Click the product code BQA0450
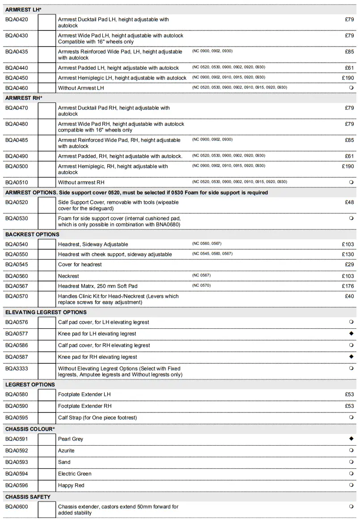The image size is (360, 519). (x=17, y=78)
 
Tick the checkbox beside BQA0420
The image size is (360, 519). (x=47, y=22)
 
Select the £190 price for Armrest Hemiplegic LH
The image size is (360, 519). (x=348, y=78)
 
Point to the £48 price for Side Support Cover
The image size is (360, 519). (x=349, y=202)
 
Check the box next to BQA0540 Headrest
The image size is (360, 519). (x=47, y=244)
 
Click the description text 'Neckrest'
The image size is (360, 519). (x=68, y=276)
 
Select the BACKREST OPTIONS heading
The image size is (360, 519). (x=32, y=234)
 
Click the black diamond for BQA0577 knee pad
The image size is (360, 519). (x=351, y=334)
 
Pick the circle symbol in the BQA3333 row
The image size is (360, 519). (x=351, y=368)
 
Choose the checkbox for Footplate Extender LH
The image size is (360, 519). (x=47, y=395)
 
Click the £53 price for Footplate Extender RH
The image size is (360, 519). (x=349, y=406)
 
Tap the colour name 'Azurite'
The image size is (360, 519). (x=66, y=451)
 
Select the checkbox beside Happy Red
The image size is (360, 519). (x=47, y=485)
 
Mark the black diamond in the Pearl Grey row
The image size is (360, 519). (x=351, y=439)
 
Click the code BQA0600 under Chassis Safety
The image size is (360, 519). (x=17, y=507)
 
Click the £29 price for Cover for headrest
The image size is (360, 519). (x=349, y=264)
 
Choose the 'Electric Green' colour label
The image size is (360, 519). (x=75, y=474)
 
